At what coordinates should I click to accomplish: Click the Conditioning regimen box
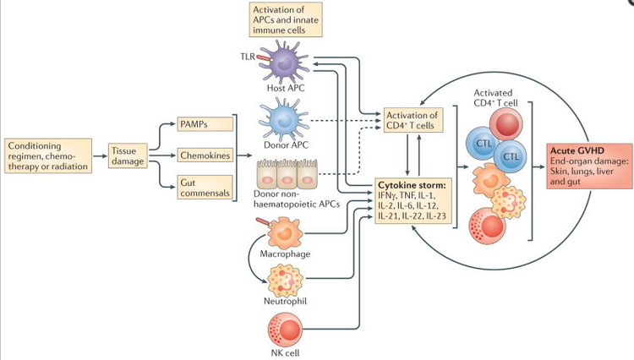tap(51, 155)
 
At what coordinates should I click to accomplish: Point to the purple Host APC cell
tap(284, 63)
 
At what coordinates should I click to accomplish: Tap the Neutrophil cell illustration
tap(285, 281)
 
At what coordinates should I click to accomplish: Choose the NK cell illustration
tap(285, 328)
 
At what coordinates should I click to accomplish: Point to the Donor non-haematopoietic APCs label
tap(287, 200)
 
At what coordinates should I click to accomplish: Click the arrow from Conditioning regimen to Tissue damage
tap(102, 155)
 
